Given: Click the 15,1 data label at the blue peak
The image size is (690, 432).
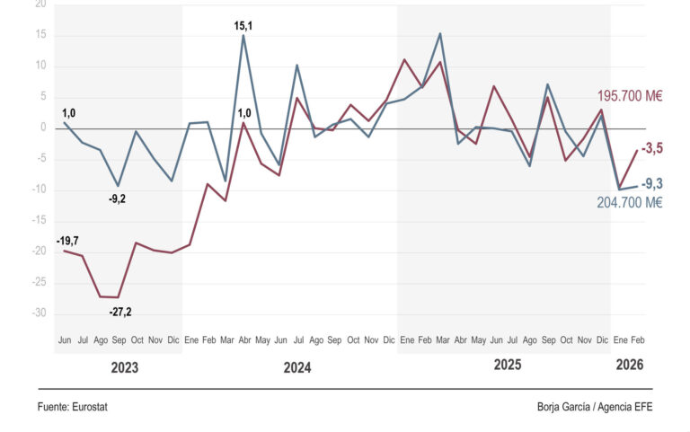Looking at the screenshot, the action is [243, 26].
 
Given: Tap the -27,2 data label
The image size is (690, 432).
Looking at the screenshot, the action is [120, 312].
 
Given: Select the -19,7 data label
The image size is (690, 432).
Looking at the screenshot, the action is [67, 241].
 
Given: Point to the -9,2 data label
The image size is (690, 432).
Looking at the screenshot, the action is [117, 198].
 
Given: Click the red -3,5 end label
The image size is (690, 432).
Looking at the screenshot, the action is [652, 149].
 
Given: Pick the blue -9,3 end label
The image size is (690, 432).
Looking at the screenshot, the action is [652, 184].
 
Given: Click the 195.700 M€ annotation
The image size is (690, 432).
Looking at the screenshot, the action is [630, 96].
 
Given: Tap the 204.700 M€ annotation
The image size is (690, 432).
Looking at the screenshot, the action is [630, 202].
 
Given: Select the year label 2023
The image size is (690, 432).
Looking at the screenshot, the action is [125, 367].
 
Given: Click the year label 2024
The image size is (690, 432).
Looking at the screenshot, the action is [297, 367].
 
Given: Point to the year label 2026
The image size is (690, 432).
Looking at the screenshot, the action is [630, 365].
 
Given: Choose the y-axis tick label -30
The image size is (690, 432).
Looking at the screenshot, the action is [39, 313].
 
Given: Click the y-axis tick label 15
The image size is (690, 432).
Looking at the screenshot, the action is [41, 34].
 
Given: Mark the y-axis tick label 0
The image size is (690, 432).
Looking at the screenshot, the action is [43, 128].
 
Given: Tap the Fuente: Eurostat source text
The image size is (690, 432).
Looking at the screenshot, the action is [72, 407].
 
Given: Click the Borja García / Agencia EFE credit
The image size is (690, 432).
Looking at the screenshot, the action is [595, 407].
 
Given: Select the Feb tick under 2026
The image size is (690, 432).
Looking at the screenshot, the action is [638, 340].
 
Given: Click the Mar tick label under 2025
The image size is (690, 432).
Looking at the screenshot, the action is [443, 340].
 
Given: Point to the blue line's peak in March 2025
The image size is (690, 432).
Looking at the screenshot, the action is [440, 33].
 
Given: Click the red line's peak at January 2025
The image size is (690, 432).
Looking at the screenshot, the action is [404, 59].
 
